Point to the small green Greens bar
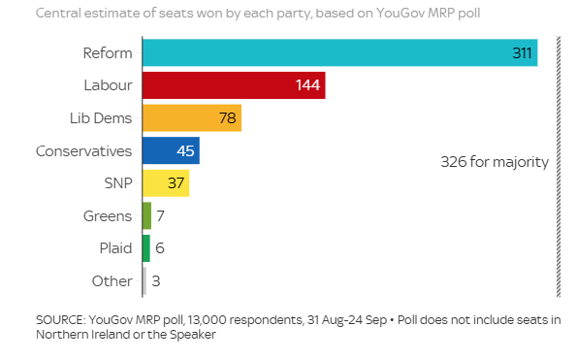146,215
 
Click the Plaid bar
145,248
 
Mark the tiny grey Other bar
144,281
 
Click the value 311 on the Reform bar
523,52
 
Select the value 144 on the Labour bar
308,85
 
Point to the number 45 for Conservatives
185,151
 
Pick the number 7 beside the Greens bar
160,215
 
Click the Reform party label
107,52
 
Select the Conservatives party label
83,151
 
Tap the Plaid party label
115,248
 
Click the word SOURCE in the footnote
59,319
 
